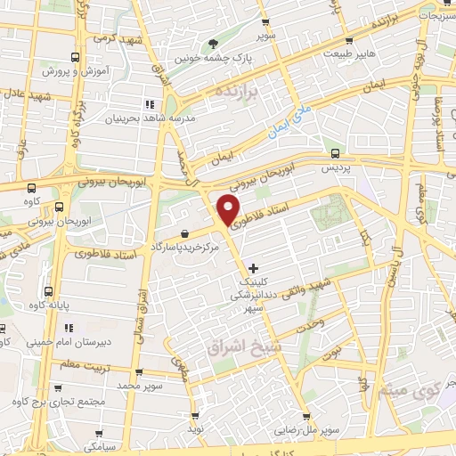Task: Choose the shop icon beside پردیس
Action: [x=335, y=153]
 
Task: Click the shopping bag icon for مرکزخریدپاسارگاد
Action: [x=183, y=232]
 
